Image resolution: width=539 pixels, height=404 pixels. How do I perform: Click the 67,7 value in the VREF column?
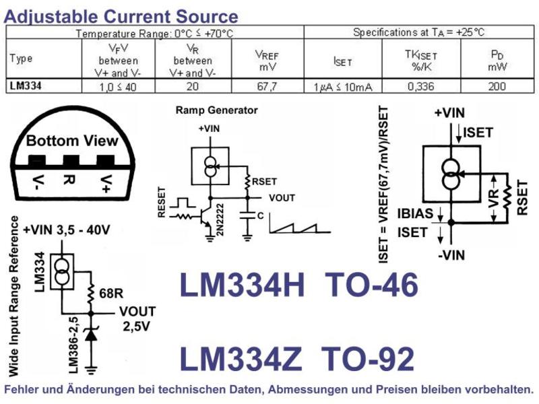[x=267, y=86]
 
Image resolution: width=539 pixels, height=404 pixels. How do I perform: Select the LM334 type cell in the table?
[x=26, y=86]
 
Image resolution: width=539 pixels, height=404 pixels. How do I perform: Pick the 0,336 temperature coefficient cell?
[x=421, y=86]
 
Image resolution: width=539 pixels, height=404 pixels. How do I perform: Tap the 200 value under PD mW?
[x=497, y=86]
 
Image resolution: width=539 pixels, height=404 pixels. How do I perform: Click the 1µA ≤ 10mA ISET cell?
[x=343, y=87]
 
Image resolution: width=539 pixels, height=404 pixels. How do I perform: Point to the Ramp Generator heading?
[x=216, y=110]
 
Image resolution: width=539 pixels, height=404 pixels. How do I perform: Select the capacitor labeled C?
[x=247, y=215]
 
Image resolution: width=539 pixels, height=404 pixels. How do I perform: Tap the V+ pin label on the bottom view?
[x=106, y=184]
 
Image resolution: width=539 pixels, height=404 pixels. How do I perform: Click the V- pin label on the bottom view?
[x=38, y=184]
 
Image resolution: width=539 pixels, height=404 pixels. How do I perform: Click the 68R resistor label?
[x=111, y=294]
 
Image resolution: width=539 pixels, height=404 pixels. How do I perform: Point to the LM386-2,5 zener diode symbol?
[x=91, y=335]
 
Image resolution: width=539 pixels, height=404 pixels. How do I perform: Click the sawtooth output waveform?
[x=300, y=225]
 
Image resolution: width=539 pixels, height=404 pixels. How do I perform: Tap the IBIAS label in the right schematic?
[x=415, y=213]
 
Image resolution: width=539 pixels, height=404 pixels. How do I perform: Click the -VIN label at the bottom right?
[x=451, y=255]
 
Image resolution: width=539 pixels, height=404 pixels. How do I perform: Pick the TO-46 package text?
[x=371, y=284]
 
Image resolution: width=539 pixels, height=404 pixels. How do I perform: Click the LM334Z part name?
[x=241, y=359]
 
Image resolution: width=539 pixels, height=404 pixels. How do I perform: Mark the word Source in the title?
[x=207, y=16]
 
